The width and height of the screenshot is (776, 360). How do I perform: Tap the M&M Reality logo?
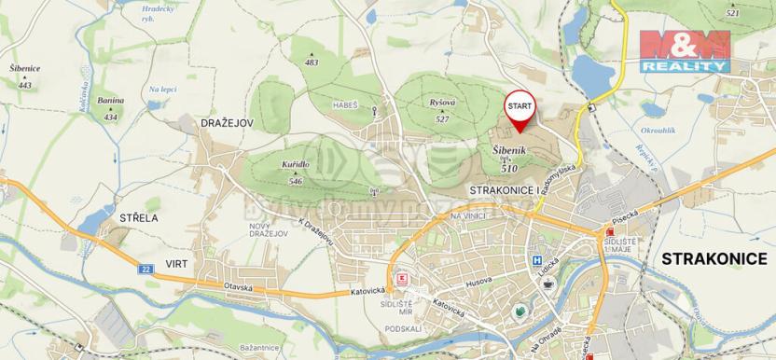[684, 50]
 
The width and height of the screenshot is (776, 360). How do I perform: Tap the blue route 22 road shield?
[145, 269]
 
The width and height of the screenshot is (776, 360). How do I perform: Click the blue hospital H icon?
[536, 261]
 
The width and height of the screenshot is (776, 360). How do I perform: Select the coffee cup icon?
[548, 283]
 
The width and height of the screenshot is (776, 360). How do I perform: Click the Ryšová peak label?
[444, 103]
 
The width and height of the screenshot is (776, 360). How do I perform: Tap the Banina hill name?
[111, 100]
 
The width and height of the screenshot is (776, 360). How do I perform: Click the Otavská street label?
[239, 286]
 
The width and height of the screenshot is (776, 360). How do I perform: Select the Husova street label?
[478, 276]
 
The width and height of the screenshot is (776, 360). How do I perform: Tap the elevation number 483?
[312, 63]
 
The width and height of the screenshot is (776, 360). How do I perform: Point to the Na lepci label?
[163, 90]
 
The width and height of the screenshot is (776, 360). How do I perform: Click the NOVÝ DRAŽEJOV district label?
[265, 230]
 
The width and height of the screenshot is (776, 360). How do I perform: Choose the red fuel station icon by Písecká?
[610, 232]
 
